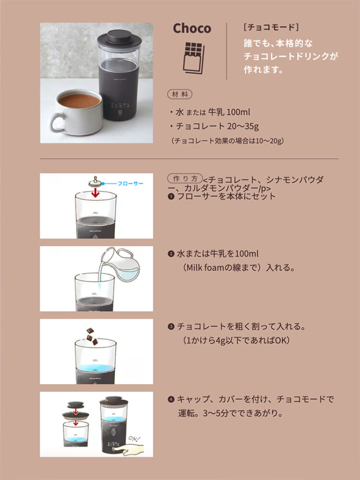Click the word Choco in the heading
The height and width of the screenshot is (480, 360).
[x=192, y=28]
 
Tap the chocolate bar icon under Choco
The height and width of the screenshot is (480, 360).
[x=193, y=58]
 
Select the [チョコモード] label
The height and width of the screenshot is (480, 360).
[x=271, y=27]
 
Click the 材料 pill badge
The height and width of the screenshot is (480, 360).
[x=180, y=95]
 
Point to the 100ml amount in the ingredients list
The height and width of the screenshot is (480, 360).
[x=238, y=112]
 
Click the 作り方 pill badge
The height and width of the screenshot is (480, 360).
[x=185, y=178]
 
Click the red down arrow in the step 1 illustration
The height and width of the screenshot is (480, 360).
[x=96, y=193]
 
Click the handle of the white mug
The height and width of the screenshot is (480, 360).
[x=58, y=122]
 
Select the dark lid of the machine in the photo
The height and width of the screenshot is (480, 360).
[x=120, y=37]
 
